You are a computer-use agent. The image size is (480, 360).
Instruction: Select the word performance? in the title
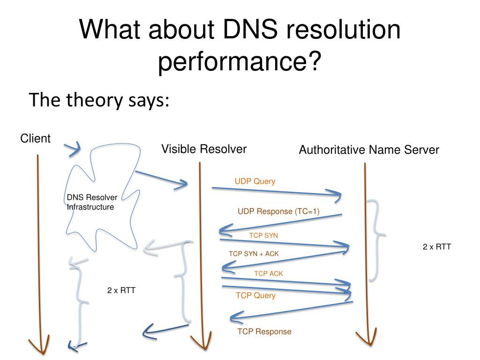pyautogui.click(x=240, y=62)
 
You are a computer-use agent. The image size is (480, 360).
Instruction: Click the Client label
pyautogui.click(x=35, y=138)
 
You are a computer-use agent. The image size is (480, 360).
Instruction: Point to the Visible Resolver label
pyautogui.click(x=204, y=150)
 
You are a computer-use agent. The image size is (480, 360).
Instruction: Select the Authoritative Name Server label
pyautogui.click(x=369, y=150)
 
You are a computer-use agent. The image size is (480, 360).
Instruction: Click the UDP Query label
pyautogui.click(x=255, y=181)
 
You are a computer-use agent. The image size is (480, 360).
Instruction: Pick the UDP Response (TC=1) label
pyautogui.click(x=278, y=211)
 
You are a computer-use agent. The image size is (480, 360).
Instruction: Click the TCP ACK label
pyautogui.click(x=269, y=273)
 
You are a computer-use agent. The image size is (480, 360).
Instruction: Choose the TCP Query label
pyautogui.click(x=255, y=295)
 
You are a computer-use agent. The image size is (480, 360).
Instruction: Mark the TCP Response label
pyautogui.click(x=264, y=332)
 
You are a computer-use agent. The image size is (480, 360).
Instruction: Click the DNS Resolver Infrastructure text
pyautogui.click(x=92, y=202)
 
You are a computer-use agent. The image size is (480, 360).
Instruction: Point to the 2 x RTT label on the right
pyautogui.click(x=437, y=247)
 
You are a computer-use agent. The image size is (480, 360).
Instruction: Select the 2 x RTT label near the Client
pyautogui.click(x=121, y=290)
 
